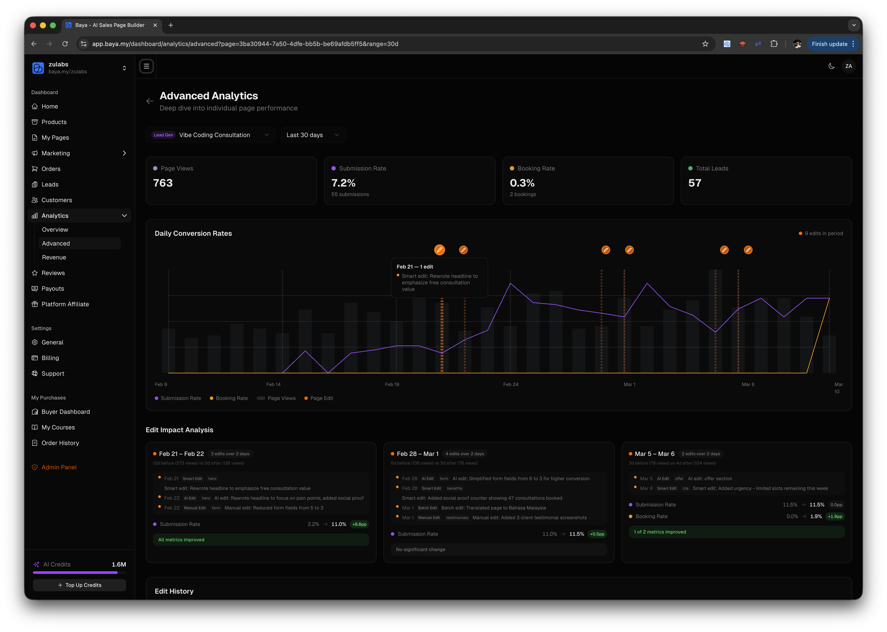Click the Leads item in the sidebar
[50, 185]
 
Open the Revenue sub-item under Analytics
[54, 257]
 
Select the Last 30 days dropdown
[313, 135]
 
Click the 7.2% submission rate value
[343, 183]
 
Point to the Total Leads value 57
[695, 183]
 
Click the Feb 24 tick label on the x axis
[510, 385]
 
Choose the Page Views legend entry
[281, 398]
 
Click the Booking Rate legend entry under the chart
[231, 398]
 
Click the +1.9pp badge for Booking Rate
[835, 516]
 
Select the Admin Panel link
[59, 467]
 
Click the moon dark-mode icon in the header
[831, 66]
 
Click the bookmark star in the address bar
[705, 44]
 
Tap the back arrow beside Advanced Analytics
[150, 101]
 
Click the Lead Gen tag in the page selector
[163, 135]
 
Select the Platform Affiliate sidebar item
[65, 304]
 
